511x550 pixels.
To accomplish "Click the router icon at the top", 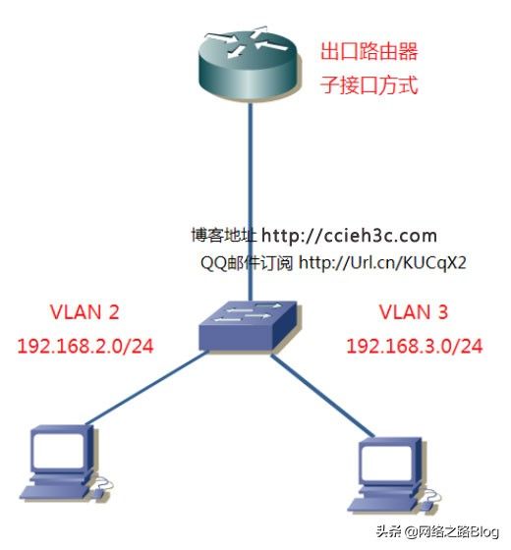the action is [x=250, y=64].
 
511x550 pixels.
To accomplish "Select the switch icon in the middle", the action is [x=250, y=325].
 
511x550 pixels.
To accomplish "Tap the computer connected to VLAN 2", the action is [x=65, y=464].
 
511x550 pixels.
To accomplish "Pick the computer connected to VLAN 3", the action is [x=394, y=475].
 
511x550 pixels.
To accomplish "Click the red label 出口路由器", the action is [x=369, y=51].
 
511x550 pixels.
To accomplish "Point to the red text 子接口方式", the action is [x=369, y=84].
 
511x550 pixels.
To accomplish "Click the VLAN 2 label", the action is [x=85, y=312].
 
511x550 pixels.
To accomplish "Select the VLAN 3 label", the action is [x=414, y=312].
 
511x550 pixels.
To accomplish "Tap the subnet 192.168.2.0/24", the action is [x=85, y=346].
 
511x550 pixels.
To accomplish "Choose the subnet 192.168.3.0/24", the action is [x=415, y=346].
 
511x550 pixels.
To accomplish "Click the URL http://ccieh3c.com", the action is [x=350, y=236].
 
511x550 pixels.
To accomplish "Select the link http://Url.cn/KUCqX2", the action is [x=382, y=262].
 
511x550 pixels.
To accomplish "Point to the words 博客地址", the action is [x=224, y=235].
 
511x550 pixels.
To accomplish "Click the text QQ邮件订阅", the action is [x=247, y=263].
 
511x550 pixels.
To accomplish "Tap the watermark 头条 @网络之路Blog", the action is [x=437, y=531].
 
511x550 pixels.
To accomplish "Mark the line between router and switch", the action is [x=251, y=202].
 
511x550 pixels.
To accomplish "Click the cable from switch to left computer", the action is [x=146, y=388].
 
